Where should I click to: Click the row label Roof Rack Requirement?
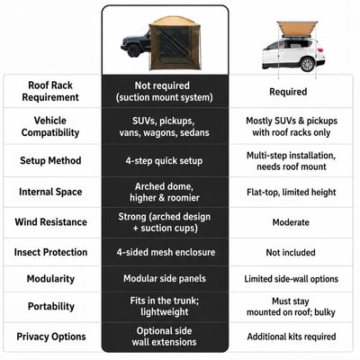50,91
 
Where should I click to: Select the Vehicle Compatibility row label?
50,127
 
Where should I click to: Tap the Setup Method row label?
50,160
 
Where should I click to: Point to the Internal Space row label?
50,192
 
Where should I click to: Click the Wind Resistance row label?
50,222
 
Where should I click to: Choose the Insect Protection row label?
50,252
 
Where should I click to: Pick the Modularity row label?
50,279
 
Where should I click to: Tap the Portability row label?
51,306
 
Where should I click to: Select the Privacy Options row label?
51,337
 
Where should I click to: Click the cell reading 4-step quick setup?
164,161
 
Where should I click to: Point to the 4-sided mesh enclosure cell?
166,252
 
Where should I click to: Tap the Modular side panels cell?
165,278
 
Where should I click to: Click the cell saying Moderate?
291,222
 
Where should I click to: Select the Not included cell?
291,253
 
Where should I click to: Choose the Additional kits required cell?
292,337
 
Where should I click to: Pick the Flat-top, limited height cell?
292,192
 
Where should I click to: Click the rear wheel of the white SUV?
308,64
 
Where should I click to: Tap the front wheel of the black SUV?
134,50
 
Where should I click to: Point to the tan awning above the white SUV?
297,30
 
